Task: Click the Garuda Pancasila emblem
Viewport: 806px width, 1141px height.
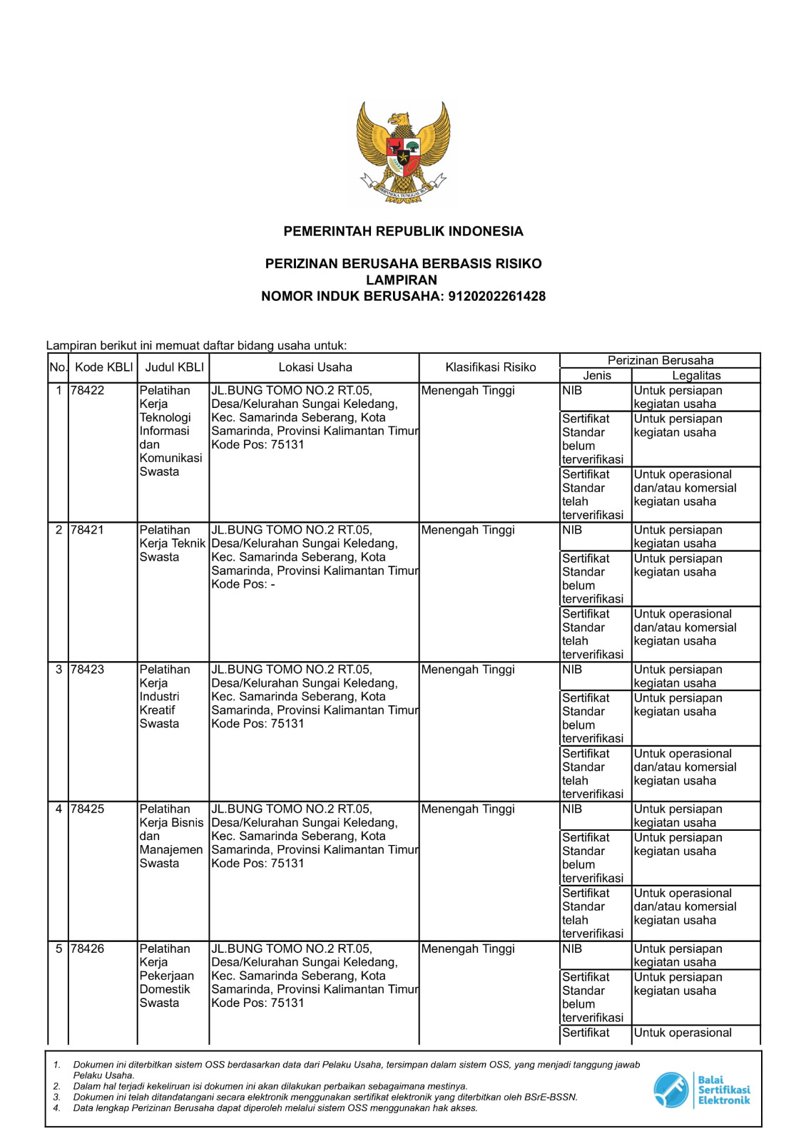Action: point(403,153)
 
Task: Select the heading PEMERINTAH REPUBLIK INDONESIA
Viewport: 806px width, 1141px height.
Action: point(403,231)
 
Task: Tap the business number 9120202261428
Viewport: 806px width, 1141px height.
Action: point(496,296)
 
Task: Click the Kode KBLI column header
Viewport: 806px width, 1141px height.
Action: point(103,367)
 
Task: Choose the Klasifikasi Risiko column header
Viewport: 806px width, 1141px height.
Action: point(490,367)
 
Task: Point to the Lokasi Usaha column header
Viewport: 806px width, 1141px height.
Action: point(315,367)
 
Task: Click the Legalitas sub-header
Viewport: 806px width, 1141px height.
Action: point(696,375)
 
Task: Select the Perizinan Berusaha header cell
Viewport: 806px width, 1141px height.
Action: point(660,360)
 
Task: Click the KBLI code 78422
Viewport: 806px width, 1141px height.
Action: point(87,391)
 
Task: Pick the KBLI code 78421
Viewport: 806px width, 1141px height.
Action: point(87,530)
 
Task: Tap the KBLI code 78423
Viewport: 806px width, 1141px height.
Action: point(87,670)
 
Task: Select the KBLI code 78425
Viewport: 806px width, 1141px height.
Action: point(87,809)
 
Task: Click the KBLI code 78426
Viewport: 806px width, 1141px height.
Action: point(87,948)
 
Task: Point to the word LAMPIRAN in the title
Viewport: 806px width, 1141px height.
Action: point(402,280)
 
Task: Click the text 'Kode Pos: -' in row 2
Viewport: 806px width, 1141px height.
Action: point(243,584)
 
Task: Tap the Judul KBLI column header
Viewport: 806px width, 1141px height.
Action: point(174,367)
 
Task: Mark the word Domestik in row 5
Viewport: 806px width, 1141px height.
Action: point(165,989)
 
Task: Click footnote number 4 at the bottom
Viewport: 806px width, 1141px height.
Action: point(56,1108)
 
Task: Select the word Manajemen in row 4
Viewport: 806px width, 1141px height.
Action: point(171,849)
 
